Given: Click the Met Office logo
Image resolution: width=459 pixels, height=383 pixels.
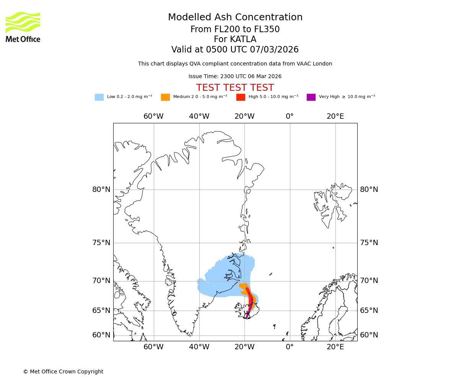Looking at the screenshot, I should [23, 27].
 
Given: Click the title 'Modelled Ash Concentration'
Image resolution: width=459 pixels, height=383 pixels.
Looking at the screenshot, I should [235, 18].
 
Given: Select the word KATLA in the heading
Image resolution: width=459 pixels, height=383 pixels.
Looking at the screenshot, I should [243, 39].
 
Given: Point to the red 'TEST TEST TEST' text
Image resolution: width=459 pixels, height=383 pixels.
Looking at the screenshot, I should [235, 88].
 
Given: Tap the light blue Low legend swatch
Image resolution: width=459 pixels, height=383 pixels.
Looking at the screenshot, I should [99, 97].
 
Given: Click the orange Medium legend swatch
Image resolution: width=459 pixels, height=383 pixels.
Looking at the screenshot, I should [165, 97].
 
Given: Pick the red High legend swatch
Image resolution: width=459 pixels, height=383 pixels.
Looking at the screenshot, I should [241, 97].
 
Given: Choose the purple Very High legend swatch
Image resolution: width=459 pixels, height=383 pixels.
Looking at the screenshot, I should [311, 97].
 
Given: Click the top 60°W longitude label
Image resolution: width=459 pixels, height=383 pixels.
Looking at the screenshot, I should [153, 116].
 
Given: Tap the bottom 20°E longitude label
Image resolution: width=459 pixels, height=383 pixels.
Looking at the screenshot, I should [335, 347].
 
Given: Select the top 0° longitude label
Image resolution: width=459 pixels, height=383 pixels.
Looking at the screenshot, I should [290, 116].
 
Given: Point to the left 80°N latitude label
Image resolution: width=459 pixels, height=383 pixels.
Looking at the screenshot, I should [101, 190].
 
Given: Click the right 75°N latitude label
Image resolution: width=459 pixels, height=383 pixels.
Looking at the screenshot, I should [369, 243].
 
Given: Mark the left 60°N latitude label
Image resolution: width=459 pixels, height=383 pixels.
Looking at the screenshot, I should [101, 335].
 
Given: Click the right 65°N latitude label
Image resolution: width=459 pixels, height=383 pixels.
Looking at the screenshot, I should [369, 311].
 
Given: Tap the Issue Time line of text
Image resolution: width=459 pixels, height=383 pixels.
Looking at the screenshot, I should [235, 76].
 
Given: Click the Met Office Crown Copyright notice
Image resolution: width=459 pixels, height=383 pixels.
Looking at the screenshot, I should [63, 372].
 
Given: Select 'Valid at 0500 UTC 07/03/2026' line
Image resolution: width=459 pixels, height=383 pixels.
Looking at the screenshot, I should [235, 50].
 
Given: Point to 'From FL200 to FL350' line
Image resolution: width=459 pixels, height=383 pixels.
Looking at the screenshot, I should [235, 29].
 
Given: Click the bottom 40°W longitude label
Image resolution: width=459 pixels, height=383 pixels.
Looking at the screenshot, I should [199, 347].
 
